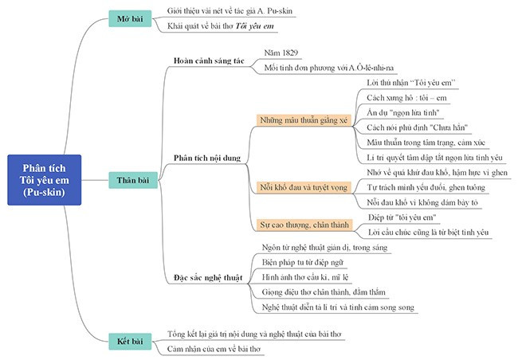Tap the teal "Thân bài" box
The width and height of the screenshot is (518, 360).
[130, 181]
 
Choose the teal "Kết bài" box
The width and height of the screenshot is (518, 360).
[130, 341]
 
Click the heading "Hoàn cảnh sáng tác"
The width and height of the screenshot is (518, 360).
[209, 61]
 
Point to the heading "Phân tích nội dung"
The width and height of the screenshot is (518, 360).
[207, 158]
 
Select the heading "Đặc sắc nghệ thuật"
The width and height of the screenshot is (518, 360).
[209, 278]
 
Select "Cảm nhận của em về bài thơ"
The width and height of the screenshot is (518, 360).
[214, 349]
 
